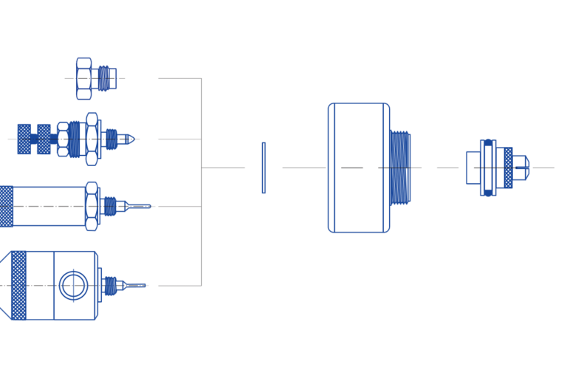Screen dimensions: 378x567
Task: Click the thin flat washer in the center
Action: point(263,168)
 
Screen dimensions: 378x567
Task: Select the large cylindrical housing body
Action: point(358,168)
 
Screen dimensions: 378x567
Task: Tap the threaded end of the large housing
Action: point(400,168)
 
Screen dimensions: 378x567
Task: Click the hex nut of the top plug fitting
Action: point(83,78)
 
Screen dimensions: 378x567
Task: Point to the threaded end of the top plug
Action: point(108,78)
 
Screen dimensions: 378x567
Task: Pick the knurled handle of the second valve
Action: point(35,139)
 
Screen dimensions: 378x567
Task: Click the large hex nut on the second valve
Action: point(92,139)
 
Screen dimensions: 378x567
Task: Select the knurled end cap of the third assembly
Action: point(6,206)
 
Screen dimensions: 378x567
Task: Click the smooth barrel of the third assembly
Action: point(49,206)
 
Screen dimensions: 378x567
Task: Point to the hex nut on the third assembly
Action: point(92,206)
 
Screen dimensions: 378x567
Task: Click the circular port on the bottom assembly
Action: point(73,285)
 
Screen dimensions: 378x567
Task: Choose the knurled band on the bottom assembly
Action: point(18,285)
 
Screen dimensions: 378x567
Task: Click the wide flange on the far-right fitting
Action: point(487,168)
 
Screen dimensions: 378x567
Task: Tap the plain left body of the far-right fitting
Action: point(472,168)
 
